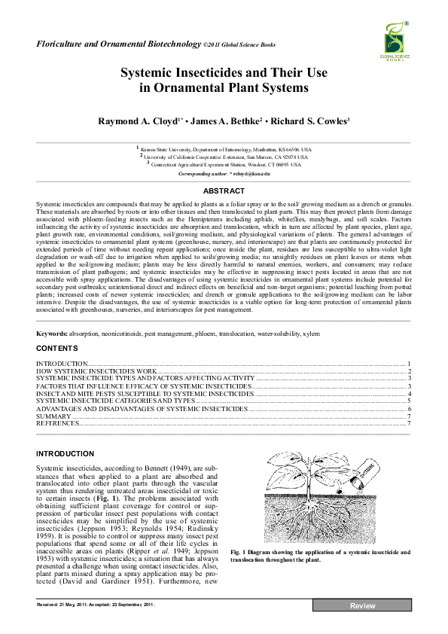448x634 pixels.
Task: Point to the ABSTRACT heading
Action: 224,191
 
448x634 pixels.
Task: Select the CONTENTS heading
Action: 57,349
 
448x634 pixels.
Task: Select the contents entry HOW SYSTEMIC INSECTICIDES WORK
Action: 96,371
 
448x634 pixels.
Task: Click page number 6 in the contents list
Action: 408,408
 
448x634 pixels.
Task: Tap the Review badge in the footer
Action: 361,606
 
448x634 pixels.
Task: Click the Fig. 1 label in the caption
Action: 261,552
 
